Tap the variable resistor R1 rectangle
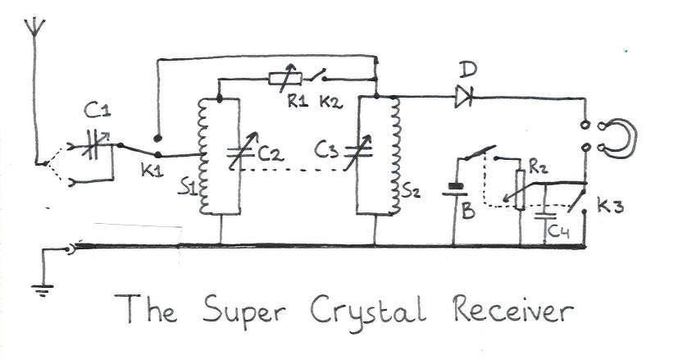(285, 79)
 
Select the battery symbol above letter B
(453, 190)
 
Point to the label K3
(611, 205)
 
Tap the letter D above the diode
(469, 67)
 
